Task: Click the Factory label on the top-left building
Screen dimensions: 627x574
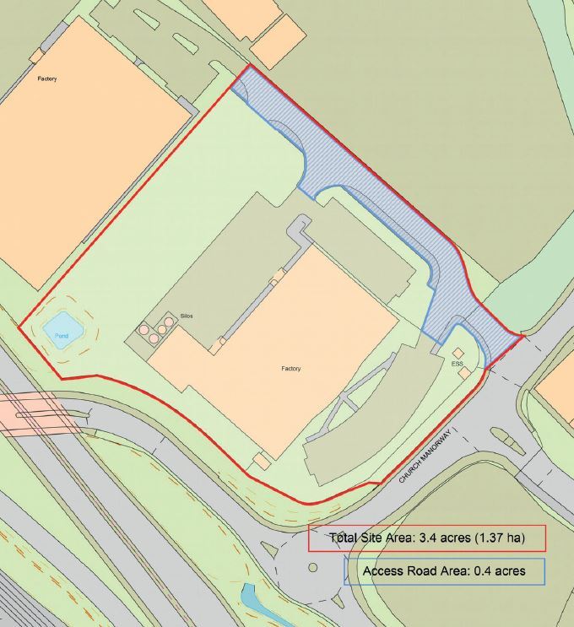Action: (x=47, y=78)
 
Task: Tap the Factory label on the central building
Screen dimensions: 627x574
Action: (x=291, y=369)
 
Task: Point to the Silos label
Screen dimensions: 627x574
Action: (x=186, y=315)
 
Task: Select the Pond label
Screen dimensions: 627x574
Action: (x=61, y=335)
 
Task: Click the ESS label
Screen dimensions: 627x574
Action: (x=458, y=363)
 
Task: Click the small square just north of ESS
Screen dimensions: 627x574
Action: (x=458, y=352)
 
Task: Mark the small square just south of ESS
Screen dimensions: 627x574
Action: (x=465, y=372)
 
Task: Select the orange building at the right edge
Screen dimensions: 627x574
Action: (x=559, y=384)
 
